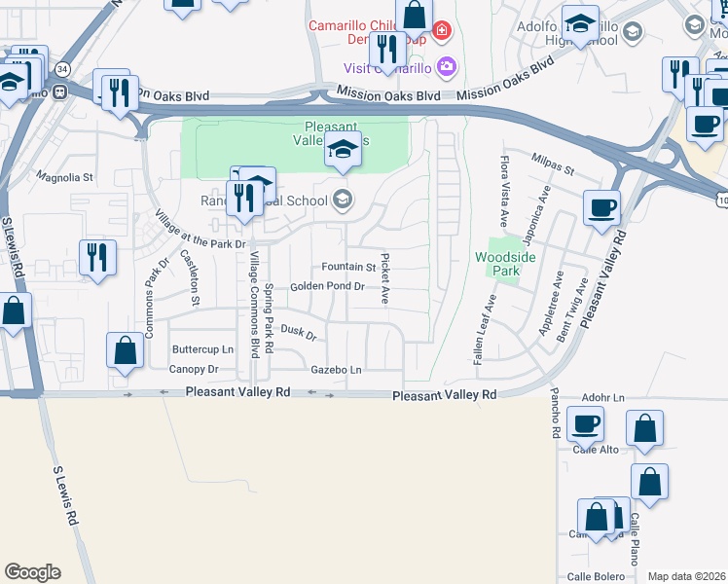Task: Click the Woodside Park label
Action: (499, 265)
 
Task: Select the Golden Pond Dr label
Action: (327, 286)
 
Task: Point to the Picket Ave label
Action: (385, 278)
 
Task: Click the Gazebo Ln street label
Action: (336, 370)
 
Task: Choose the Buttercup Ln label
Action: (202, 349)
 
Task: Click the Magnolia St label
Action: (64, 178)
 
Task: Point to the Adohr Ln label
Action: (602, 398)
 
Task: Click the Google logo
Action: (32, 572)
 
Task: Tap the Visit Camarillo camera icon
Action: (447, 67)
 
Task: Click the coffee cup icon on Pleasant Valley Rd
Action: (601, 207)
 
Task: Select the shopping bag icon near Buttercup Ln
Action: (126, 350)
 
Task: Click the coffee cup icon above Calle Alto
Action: (585, 423)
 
